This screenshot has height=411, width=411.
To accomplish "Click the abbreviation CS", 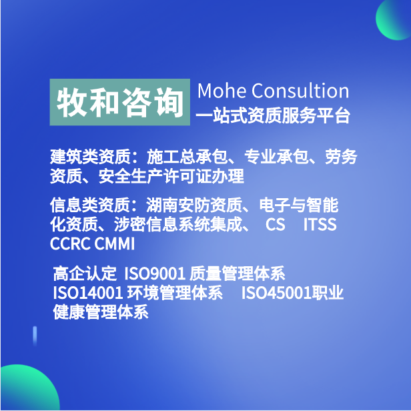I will (275, 225).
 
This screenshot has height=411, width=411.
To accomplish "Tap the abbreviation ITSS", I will (320, 225).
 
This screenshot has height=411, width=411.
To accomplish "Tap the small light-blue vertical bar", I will (35, 336).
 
